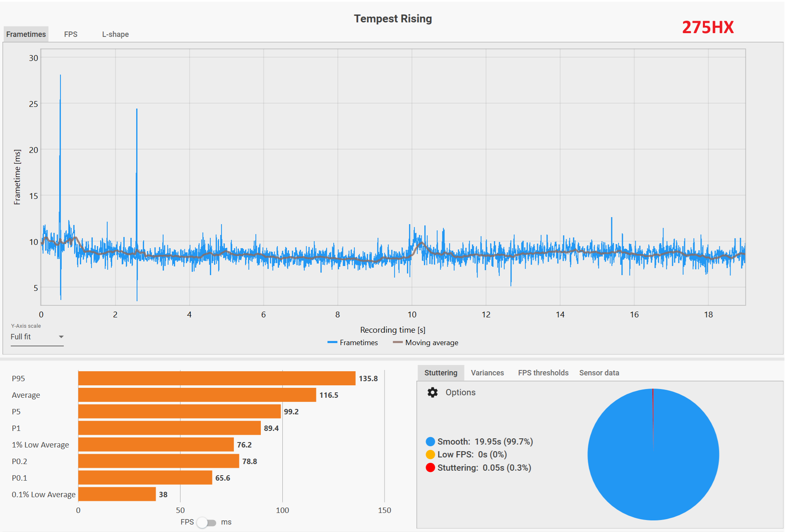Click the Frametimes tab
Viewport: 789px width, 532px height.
pos(26,34)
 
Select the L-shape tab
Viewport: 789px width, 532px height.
pos(115,34)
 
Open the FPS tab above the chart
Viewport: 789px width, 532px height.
pos(70,34)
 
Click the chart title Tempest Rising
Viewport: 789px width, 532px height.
pos(392,19)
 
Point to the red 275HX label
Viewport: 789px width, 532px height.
pos(707,27)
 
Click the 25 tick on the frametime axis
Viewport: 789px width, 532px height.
pos(34,104)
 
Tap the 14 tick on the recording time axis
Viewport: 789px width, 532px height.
pos(560,314)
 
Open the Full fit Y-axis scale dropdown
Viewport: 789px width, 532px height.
pos(37,337)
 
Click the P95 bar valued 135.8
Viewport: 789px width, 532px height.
pos(216,378)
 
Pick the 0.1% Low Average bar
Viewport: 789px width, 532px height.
pos(117,494)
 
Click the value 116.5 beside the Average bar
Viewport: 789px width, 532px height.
pos(329,395)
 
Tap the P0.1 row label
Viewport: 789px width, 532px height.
pos(19,478)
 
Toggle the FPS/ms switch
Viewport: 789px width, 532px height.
pos(206,522)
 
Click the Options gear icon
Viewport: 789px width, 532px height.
pos(433,392)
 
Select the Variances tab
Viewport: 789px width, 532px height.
pos(487,373)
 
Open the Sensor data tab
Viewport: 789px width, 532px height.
pos(599,373)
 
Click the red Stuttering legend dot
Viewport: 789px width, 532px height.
pos(431,468)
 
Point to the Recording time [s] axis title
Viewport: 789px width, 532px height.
pos(392,330)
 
